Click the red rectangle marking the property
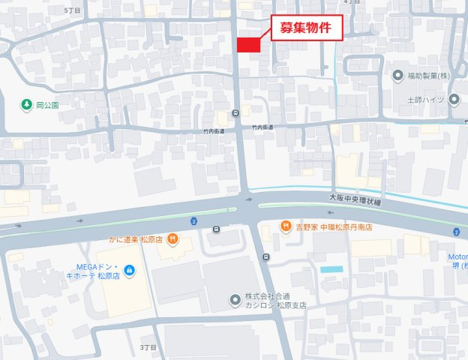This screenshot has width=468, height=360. click(x=248, y=45)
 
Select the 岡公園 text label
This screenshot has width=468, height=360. click(x=47, y=105)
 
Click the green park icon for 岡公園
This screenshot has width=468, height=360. click(x=27, y=104)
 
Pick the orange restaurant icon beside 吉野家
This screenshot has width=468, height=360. click(x=285, y=226)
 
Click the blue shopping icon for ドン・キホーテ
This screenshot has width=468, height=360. click(x=129, y=269)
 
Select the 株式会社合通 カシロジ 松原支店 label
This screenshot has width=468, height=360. click(x=276, y=301)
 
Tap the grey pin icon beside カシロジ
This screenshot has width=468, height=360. click(x=235, y=301)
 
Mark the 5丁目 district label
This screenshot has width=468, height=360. click(x=72, y=10)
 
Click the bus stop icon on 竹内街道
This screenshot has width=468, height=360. click(x=236, y=114)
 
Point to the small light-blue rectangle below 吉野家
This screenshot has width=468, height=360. click(x=331, y=268)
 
